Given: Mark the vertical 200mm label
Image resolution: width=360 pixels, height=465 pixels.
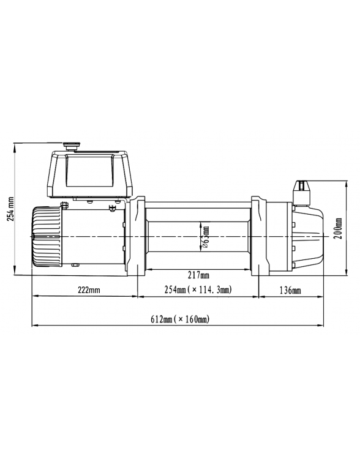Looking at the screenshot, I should pos(337,228).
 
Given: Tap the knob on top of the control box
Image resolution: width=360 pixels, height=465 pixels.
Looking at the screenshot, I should pos(70,146).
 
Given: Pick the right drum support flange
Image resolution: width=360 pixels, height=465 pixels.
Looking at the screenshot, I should pos(260,236).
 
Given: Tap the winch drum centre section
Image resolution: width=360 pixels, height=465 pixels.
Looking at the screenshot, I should pos(178,236).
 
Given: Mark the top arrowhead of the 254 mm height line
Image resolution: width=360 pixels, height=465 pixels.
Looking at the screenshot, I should pos(13,145).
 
